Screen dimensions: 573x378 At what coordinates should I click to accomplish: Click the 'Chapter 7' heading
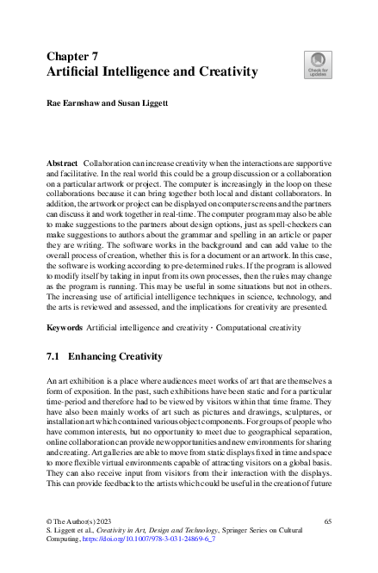click(74, 56)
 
